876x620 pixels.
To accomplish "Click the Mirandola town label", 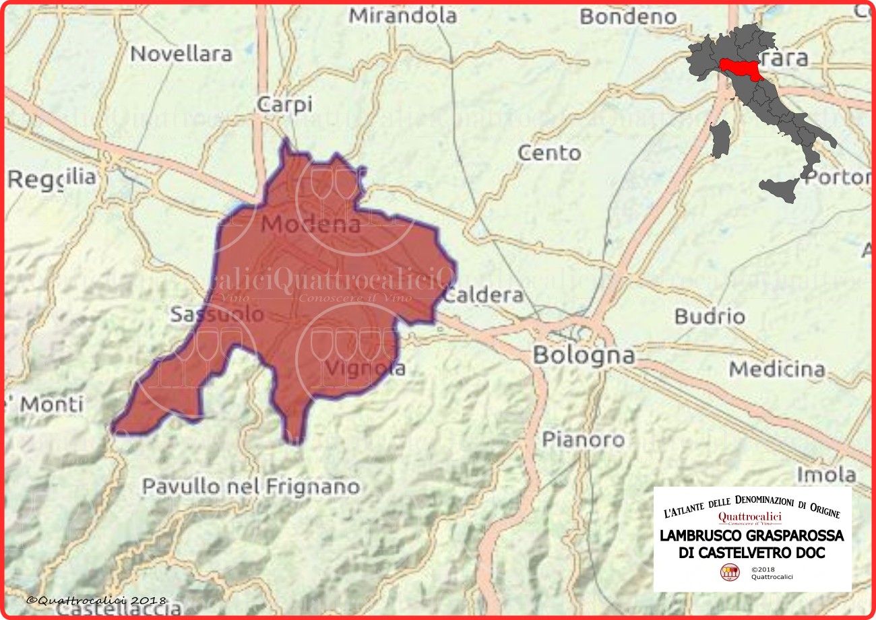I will [402, 15].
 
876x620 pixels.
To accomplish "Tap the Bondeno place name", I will [627, 17].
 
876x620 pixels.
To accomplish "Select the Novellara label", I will [181, 54].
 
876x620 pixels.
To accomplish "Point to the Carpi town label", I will [284, 105].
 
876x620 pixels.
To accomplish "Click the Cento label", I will [549, 153].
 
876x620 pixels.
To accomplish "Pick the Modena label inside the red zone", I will [311, 225].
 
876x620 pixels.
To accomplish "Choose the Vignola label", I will [365, 368].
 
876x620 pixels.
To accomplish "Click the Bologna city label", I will [584, 355].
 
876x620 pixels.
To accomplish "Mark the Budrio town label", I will [710, 316].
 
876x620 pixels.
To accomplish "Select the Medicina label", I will [777, 369].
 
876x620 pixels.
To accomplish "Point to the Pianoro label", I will [584, 440].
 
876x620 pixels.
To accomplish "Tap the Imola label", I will [826, 474].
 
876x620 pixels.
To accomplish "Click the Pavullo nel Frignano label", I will [251, 486].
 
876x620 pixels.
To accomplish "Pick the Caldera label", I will [484, 295].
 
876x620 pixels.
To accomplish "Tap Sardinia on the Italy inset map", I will [720, 139].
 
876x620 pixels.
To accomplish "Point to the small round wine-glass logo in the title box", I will [729, 572].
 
